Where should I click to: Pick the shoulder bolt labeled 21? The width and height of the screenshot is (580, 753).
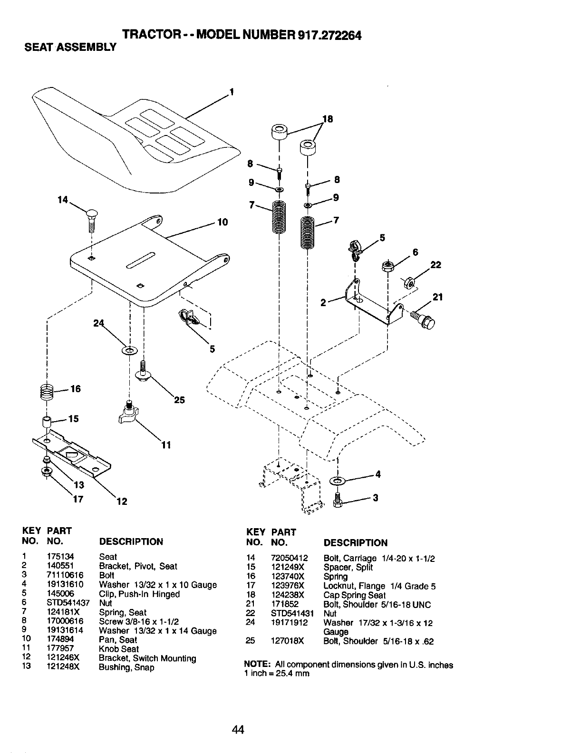[x=424, y=319]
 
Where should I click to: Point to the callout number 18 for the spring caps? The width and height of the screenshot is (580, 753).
[x=328, y=119]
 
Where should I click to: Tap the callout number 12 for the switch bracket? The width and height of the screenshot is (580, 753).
[x=122, y=501]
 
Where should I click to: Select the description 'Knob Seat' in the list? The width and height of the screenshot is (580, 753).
[x=119, y=649]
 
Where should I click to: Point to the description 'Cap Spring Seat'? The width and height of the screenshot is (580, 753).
[x=355, y=595]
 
